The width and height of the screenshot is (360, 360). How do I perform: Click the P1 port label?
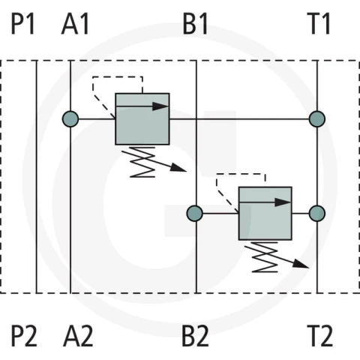coord(22,24)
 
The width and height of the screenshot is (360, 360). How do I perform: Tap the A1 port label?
coord(76,24)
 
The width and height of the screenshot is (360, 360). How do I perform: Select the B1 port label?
coord(195,24)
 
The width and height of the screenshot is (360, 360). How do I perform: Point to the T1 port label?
coord(320,24)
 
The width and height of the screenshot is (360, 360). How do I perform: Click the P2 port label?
coord(24,336)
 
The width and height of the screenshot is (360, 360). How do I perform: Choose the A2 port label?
coord(78,336)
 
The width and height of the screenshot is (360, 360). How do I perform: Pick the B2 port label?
coord(195,336)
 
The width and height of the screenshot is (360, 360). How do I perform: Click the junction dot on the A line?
coord(70,119)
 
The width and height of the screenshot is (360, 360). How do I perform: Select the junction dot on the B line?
coord(195,213)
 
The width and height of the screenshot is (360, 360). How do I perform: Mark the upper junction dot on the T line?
coord(317,119)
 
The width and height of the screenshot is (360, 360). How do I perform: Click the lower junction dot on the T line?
coord(317,213)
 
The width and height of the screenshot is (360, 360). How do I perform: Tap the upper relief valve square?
coord(142,119)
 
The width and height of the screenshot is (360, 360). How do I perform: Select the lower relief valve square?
coord(265,213)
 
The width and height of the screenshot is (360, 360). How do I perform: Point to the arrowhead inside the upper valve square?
coord(160,106)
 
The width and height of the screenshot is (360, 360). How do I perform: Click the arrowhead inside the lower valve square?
coord(283,202)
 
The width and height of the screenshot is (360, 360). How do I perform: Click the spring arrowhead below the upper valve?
coord(178,168)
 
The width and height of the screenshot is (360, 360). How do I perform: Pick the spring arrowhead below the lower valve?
coord(301,264)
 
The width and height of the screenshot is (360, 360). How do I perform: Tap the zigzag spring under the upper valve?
coord(142,162)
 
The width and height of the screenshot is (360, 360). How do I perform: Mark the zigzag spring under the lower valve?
coord(265,256)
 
